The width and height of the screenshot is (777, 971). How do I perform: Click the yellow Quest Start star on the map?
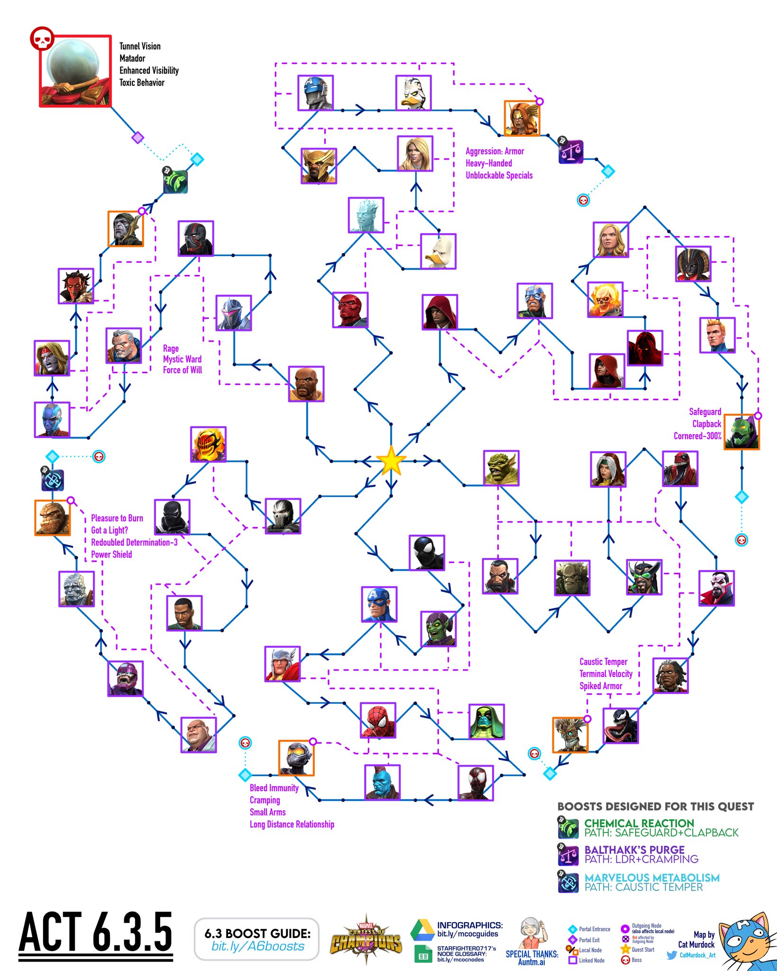(x=391, y=460)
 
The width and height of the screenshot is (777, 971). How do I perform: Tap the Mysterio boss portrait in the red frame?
(x=75, y=71)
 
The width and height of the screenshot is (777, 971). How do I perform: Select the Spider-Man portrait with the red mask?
(x=378, y=720)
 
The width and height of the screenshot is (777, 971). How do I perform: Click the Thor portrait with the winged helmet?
(x=283, y=663)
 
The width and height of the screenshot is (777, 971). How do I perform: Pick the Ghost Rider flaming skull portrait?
(x=604, y=299)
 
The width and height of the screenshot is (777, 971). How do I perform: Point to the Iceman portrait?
(x=366, y=215)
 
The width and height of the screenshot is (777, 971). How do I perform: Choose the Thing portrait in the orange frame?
(x=52, y=518)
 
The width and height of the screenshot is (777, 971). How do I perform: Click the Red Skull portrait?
(x=350, y=310)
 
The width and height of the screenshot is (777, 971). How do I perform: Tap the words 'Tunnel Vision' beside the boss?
(x=140, y=46)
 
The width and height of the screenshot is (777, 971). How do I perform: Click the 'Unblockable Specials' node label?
(x=499, y=175)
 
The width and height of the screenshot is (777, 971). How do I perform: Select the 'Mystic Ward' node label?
(x=182, y=359)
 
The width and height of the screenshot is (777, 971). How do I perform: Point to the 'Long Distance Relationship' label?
(x=292, y=824)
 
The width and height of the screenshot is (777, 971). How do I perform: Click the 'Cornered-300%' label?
(x=697, y=436)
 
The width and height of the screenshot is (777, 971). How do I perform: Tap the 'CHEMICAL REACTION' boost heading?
(x=639, y=823)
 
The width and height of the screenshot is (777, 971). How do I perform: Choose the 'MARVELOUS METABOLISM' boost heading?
(x=652, y=878)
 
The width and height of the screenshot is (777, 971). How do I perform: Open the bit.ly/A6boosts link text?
(x=257, y=946)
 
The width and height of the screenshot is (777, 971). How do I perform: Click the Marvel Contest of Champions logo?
(x=366, y=939)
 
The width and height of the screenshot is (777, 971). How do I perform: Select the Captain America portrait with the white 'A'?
(x=379, y=604)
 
